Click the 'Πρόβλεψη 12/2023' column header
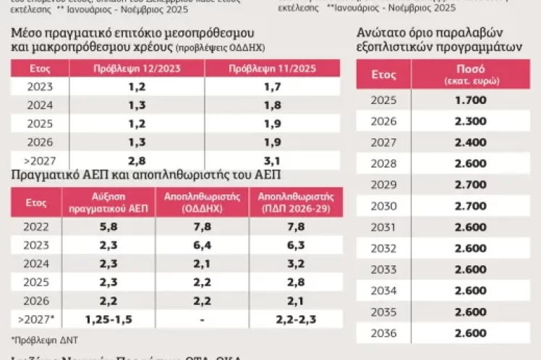[137, 69]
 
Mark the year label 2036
[384, 333]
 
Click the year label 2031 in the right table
[384, 227]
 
